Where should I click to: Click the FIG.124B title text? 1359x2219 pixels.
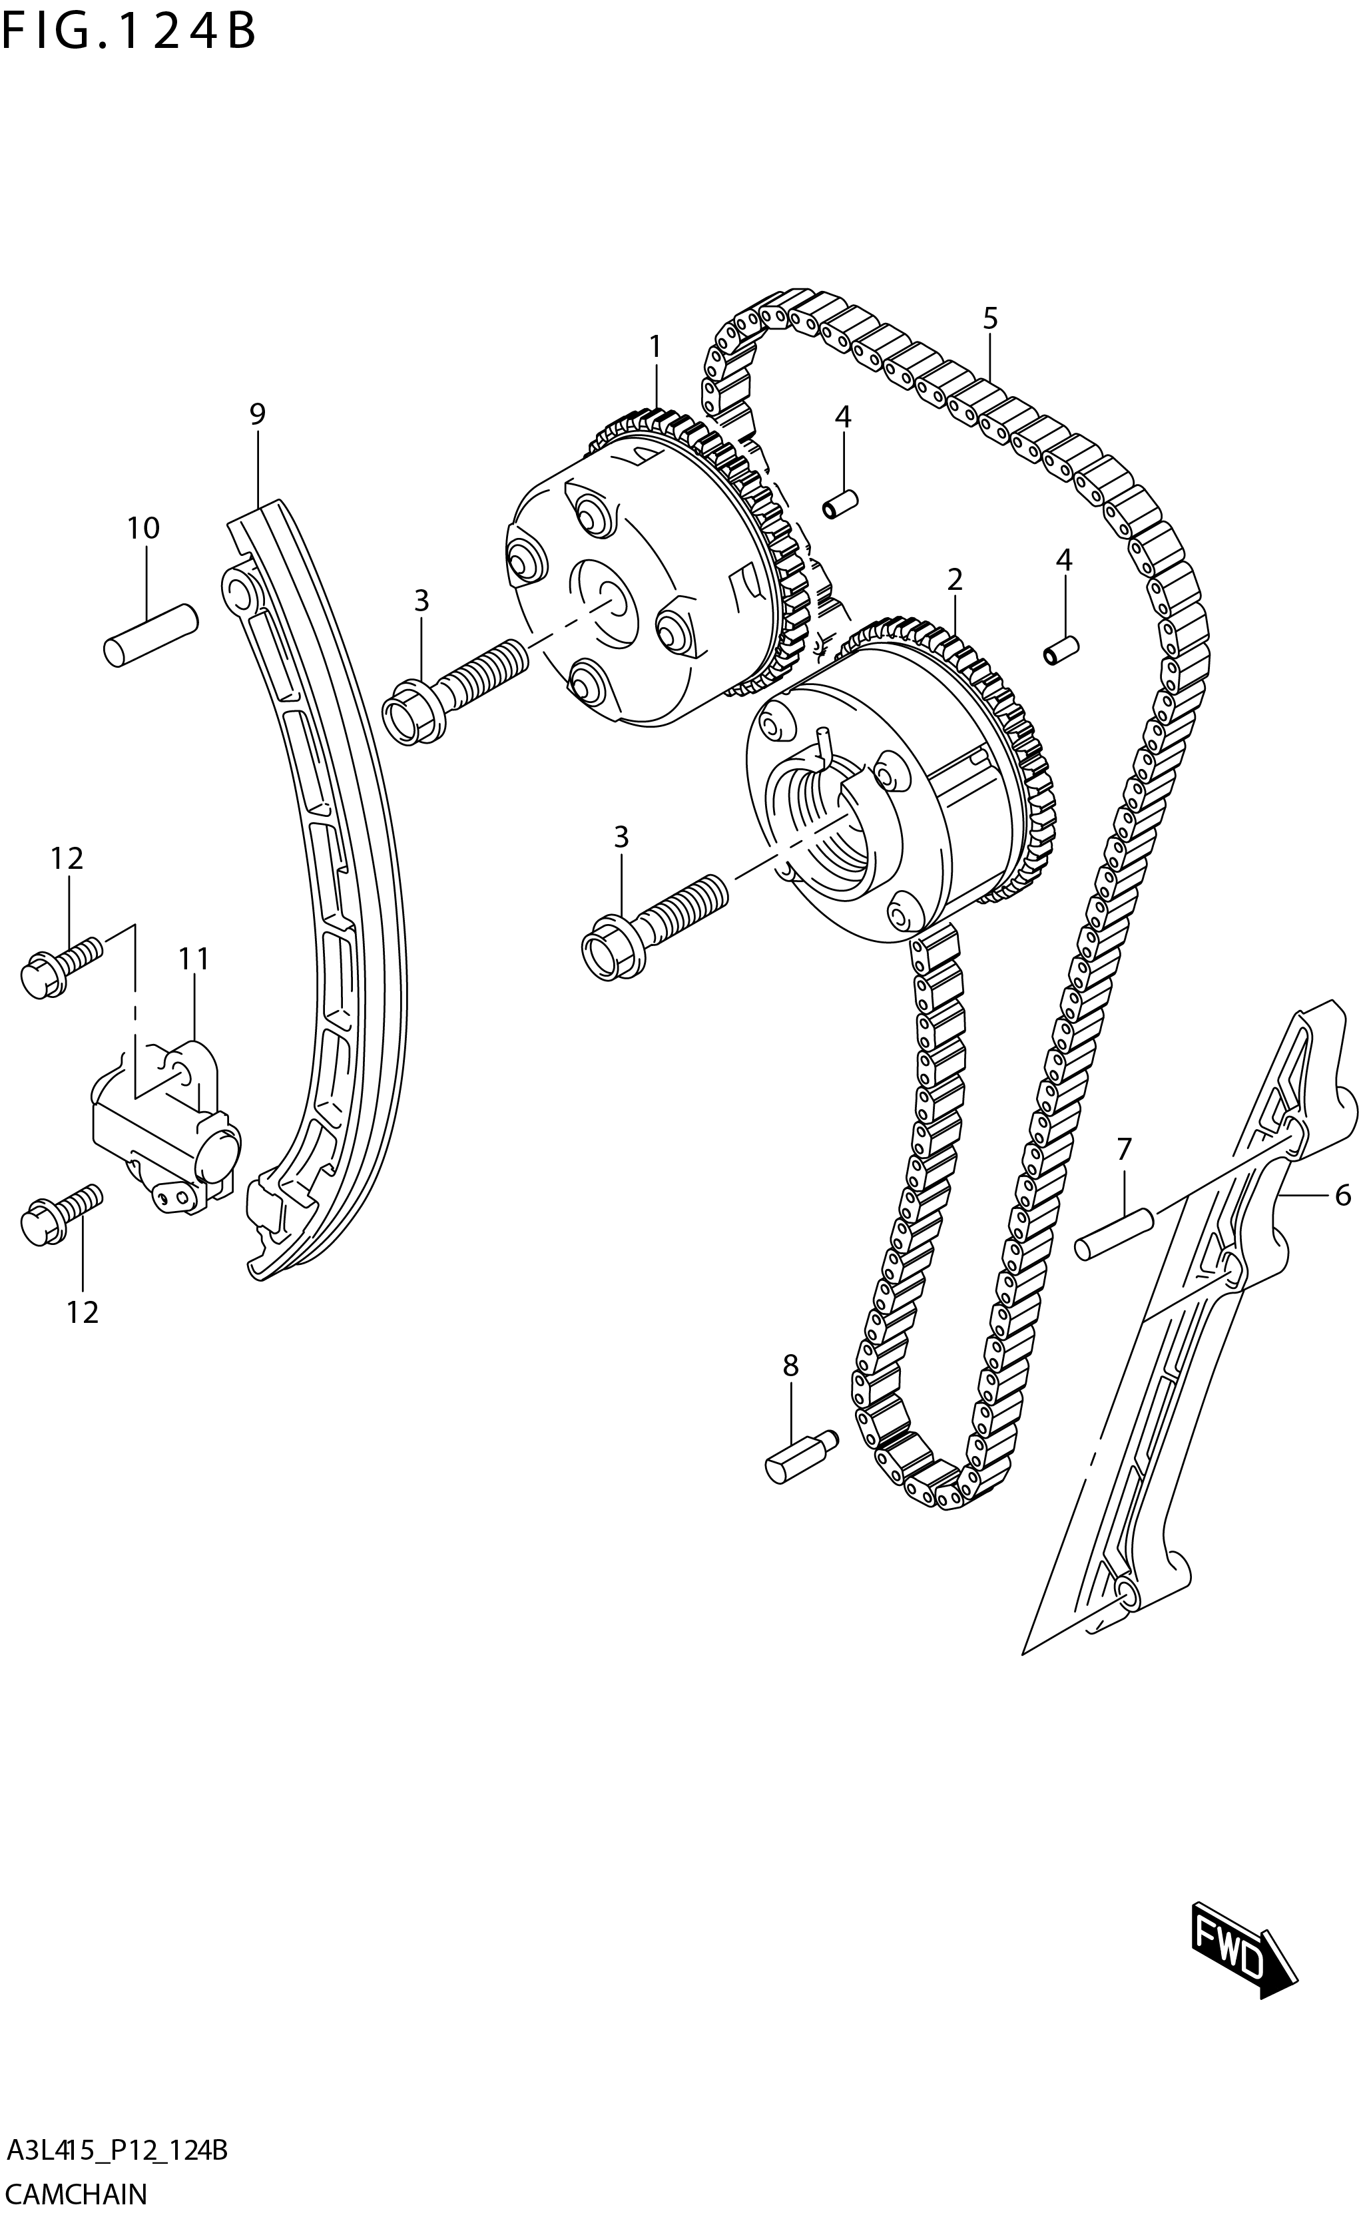click(129, 33)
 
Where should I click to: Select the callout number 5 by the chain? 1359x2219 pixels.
click(989, 318)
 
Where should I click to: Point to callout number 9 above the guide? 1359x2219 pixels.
click(258, 414)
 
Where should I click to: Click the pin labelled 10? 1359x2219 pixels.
click(150, 635)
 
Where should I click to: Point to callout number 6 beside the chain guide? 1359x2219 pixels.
click(1342, 1195)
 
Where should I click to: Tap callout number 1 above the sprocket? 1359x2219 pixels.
click(655, 347)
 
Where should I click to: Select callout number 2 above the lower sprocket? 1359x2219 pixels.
click(955, 579)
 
